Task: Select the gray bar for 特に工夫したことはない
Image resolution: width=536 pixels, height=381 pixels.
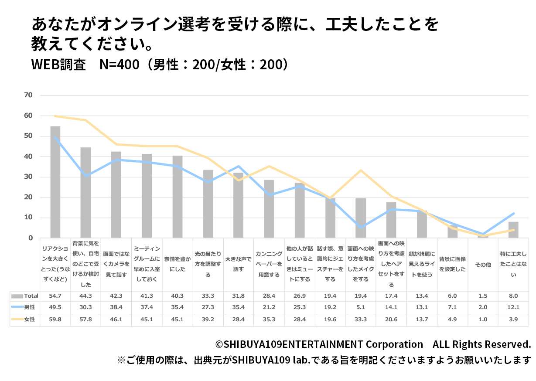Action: tap(513, 230)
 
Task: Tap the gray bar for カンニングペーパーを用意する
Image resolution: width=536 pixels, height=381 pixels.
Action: tap(269, 209)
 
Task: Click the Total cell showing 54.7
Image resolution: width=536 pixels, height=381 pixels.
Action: tap(55, 296)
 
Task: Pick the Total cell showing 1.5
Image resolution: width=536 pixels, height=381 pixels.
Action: tap(483, 296)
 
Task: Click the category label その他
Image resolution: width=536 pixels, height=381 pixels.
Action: tap(483, 265)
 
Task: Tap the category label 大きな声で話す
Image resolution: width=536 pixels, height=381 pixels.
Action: tap(239, 264)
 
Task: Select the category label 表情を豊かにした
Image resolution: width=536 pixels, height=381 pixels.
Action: tap(178, 264)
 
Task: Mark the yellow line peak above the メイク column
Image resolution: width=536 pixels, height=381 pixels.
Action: tap(361, 170)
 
